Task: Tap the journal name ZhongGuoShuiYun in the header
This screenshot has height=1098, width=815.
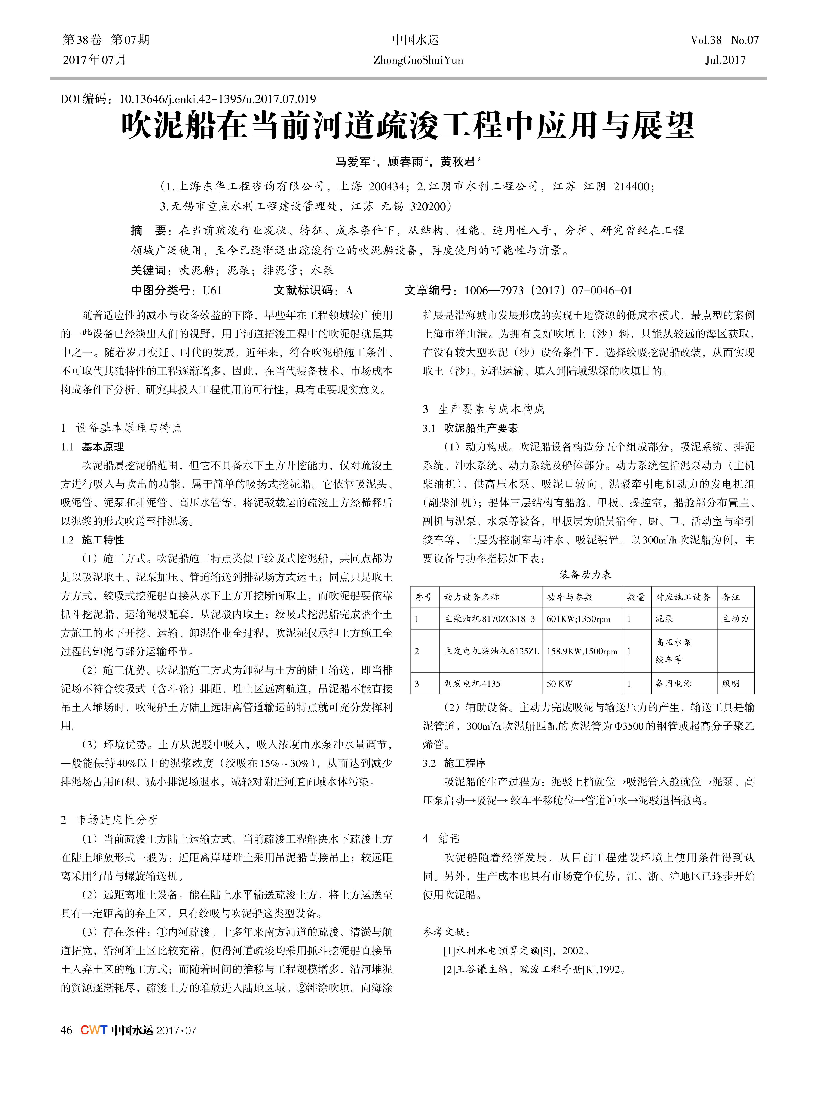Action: (x=418, y=60)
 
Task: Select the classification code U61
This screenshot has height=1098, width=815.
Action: (x=212, y=291)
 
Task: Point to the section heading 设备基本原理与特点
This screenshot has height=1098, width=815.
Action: (x=129, y=428)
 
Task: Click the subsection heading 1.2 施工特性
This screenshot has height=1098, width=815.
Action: (x=93, y=540)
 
